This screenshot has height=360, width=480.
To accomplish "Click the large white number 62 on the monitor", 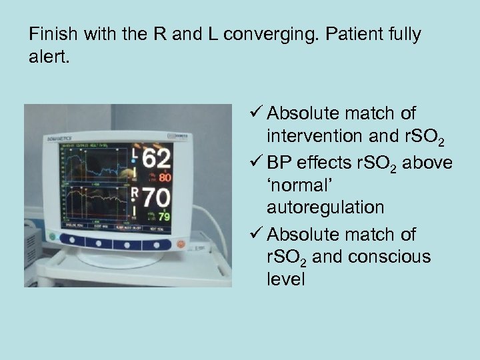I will [156, 160].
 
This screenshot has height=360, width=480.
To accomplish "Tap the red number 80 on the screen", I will [165, 178].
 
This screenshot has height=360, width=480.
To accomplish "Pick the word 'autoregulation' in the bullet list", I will [325, 207].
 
